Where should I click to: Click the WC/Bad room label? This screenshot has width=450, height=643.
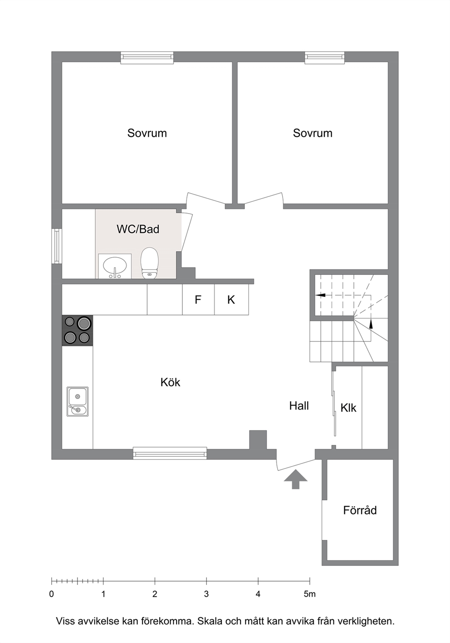click(138, 229)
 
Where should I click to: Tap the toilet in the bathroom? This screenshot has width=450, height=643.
click(149, 263)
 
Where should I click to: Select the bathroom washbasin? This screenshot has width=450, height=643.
click(115, 266)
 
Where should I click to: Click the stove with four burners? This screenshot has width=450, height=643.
click(78, 331)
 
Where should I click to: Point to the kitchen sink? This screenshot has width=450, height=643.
click(78, 401)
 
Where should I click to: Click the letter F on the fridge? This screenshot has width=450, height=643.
click(198, 300)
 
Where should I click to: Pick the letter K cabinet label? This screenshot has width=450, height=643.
click(231, 300)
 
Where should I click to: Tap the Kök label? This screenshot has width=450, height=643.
click(170, 382)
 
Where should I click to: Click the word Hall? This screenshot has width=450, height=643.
click(299, 406)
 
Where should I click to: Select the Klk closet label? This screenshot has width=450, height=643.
click(348, 408)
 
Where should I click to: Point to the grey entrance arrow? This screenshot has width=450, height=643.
click(295, 479)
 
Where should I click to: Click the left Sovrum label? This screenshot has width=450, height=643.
click(147, 133)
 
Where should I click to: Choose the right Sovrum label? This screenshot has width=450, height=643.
click(313, 133)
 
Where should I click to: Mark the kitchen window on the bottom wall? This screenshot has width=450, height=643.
click(170, 453)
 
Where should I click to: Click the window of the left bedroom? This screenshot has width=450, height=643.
click(147, 58)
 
